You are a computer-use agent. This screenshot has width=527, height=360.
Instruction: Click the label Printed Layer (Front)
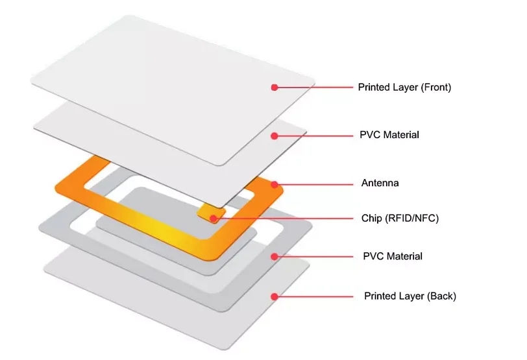(404, 87)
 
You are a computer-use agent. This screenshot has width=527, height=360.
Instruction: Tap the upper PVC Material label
(389, 135)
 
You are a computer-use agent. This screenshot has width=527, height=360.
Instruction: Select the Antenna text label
(380, 183)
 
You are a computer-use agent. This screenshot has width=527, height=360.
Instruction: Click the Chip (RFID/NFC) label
(400, 218)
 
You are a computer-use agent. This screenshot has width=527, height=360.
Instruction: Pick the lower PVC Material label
(392, 256)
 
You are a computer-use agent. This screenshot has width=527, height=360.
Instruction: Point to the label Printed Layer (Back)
(410, 296)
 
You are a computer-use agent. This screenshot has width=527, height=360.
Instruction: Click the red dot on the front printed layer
(275, 87)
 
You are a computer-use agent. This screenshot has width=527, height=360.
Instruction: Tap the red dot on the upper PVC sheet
(275, 136)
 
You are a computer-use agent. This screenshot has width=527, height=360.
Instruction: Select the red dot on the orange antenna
(275, 184)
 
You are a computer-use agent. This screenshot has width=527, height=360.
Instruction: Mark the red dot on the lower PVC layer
(275, 256)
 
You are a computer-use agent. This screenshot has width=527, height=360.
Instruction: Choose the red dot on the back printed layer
(275, 296)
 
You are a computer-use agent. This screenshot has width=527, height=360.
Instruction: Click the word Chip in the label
(372, 218)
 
